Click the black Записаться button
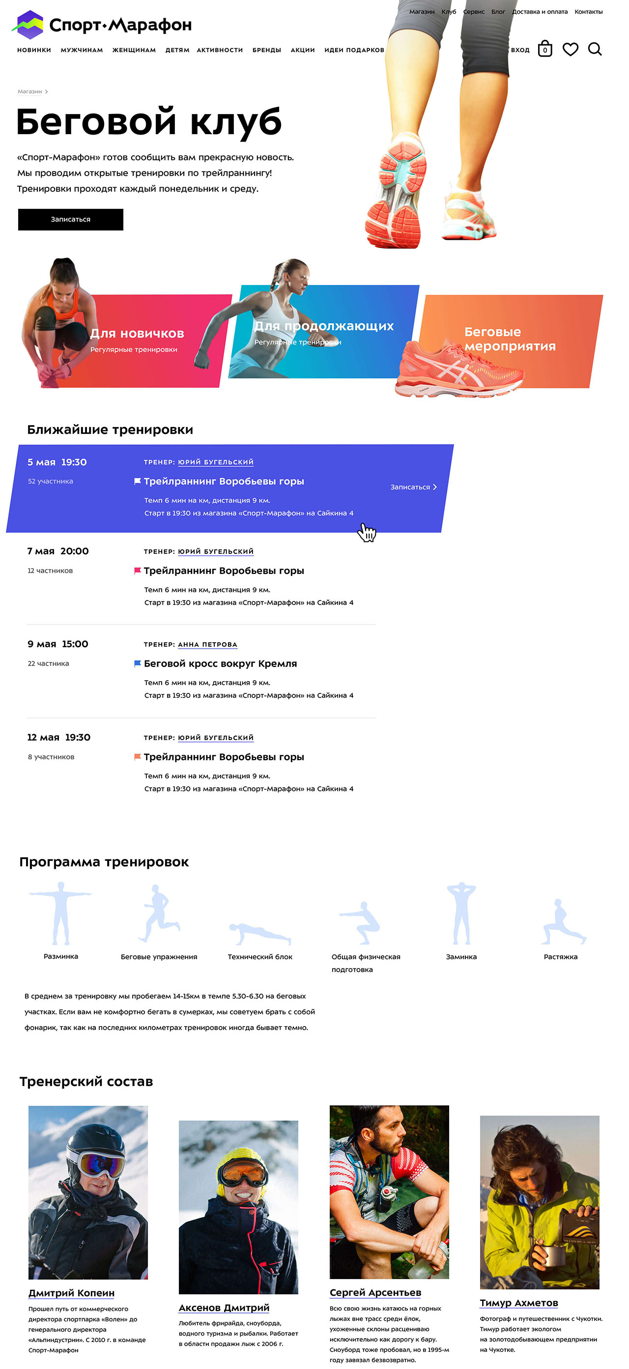(x=71, y=220)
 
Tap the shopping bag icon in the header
(x=544, y=49)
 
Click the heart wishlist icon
(x=570, y=50)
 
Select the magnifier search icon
(x=595, y=50)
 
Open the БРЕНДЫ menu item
(x=266, y=50)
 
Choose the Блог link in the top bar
(x=498, y=12)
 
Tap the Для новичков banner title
(x=137, y=333)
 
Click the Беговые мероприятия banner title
(x=510, y=339)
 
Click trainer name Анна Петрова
(x=207, y=645)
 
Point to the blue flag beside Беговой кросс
(x=138, y=663)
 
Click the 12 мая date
(x=43, y=737)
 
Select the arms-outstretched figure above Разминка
(x=60, y=913)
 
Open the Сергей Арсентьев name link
(x=375, y=1292)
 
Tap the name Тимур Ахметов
(x=518, y=1303)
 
